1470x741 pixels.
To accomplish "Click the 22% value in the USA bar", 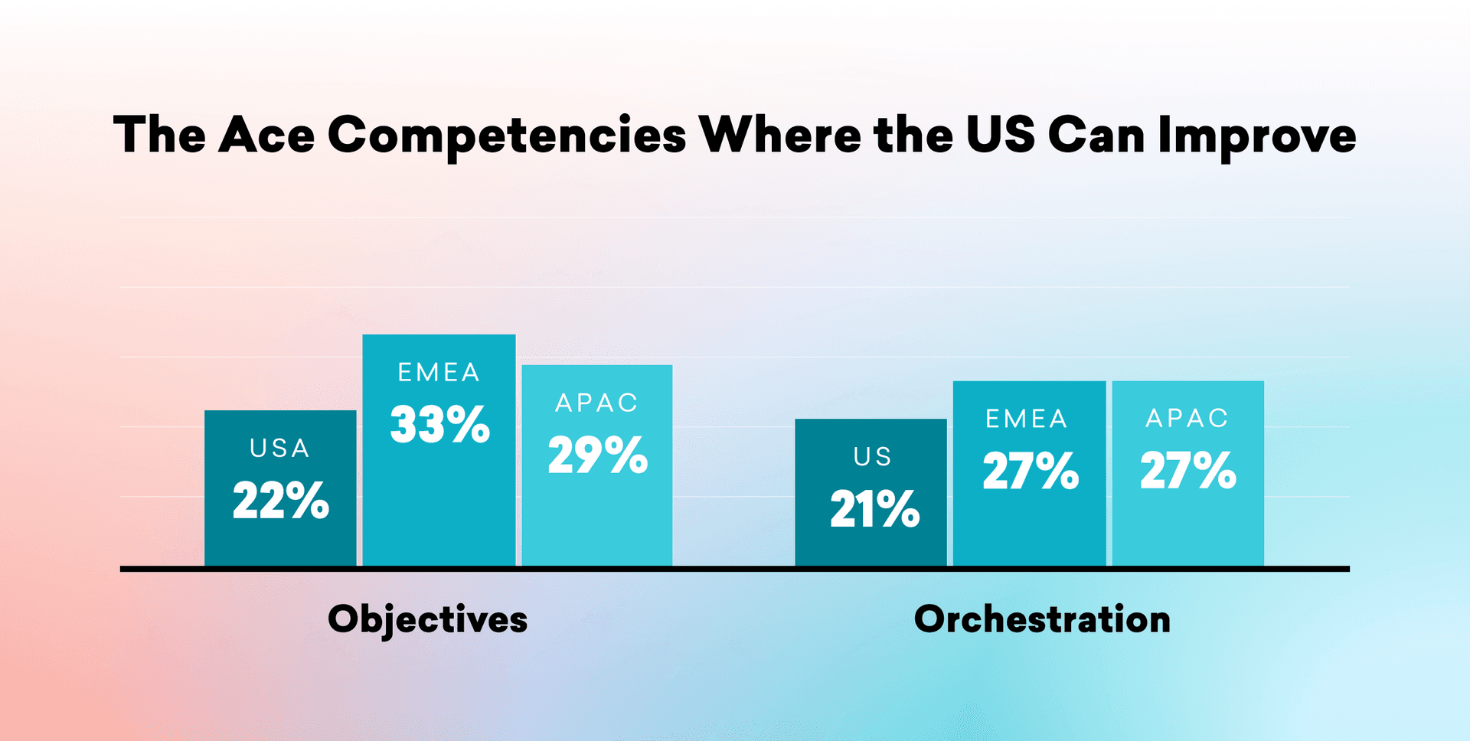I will (x=281, y=501).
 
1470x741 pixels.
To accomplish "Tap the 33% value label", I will (x=440, y=425).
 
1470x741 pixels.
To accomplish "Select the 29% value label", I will (x=598, y=455).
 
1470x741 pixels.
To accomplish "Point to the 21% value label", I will (x=875, y=509).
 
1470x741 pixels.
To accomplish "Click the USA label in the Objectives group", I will (x=280, y=449).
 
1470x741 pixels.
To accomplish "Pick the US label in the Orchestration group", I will (x=873, y=457).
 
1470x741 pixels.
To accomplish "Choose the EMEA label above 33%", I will (x=439, y=373).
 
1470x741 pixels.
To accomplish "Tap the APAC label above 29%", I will (x=597, y=403).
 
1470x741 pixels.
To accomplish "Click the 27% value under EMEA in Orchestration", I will (x=1031, y=471).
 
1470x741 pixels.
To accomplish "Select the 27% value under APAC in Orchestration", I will (x=1188, y=471).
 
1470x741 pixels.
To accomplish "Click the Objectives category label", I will (x=428, y=619).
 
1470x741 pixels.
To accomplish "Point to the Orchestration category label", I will (x=1042, y=619).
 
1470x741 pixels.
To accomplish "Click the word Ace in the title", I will (x=266, y=135).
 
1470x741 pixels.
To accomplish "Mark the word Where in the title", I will (x=780, y=135).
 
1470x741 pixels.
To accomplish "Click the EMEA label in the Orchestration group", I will (x=1027, y=419).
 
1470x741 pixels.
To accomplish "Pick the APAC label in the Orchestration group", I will (x=1187, y=419).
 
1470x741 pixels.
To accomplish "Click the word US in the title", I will (x=1000, y=135).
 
